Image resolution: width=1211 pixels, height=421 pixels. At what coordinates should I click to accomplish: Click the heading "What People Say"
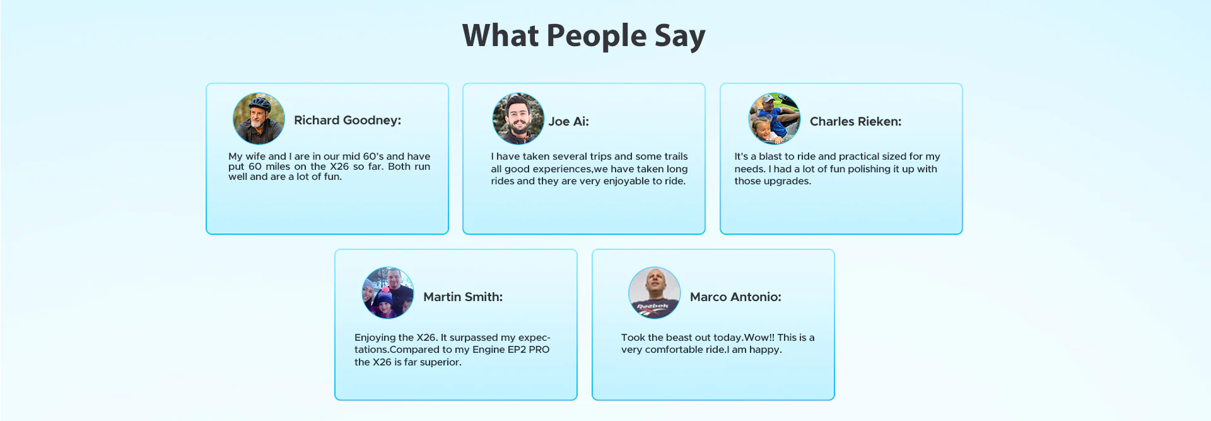point(583,36)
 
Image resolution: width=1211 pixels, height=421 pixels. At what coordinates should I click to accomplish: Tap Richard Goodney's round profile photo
point(259,119)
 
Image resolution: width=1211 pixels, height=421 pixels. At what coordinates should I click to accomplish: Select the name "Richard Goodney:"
point(348,121)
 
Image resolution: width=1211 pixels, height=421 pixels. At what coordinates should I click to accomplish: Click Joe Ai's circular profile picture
point(518,119)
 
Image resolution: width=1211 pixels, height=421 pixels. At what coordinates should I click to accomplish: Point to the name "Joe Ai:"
point(568,122)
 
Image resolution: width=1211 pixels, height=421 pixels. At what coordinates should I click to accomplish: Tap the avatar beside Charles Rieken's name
point(774,119)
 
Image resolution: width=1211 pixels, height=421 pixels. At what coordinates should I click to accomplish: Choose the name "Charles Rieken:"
point(855,122)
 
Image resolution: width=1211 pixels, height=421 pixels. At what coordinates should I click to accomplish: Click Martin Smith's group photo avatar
point(388,293)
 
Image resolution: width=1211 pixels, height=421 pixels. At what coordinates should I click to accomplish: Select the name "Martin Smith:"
point(463,297)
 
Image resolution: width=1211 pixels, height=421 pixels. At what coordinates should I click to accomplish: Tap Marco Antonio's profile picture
point(655,293)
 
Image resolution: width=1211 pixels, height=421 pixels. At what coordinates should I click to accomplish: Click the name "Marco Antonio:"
point(735,297)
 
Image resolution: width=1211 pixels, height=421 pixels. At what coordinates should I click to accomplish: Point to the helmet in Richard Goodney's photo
point(259,104)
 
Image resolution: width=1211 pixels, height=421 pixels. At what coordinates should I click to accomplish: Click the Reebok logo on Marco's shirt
point(652,307)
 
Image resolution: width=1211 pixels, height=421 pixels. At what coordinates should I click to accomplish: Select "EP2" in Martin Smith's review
point(517,350)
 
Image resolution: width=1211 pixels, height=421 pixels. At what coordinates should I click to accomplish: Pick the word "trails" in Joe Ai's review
point(676,157)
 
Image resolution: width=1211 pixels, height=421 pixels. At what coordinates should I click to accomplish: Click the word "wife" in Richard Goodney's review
point(257,157)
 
